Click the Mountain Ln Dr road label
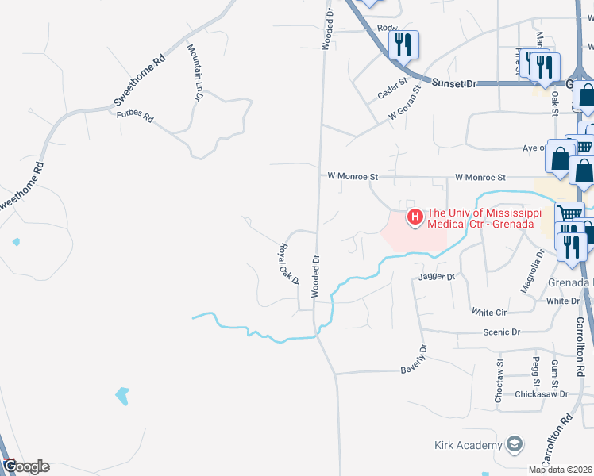pos(195,72)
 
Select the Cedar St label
pos(391,87)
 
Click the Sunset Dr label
pos(453,83)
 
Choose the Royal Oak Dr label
pos(287,264)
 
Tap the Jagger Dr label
pos(436,277)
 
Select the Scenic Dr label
pos(504,332)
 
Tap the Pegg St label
pos(537,367)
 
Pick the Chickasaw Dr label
pos(541,393)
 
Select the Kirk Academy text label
pos(469,445)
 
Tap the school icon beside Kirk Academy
pos(515,444)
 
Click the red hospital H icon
pos(414,217)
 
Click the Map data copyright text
pos(560,470)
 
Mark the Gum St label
pos(555,368)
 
